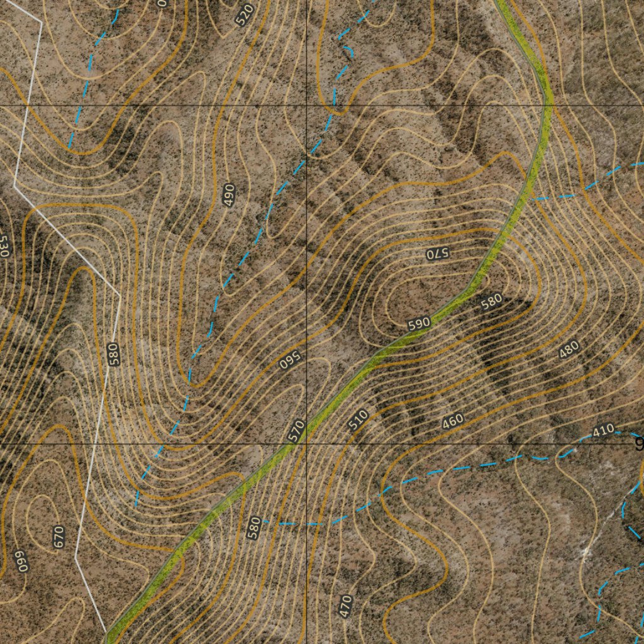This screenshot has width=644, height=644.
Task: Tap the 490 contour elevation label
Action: point(229,196)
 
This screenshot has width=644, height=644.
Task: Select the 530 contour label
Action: point(4,247)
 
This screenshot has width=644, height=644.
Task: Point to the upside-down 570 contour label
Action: point(436,253)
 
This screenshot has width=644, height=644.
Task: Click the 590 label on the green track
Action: point(419,324)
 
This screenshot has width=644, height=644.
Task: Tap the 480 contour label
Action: point(569,351)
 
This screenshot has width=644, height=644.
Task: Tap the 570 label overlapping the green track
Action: point(296,431)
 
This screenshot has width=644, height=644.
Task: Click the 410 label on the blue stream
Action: point(602,431)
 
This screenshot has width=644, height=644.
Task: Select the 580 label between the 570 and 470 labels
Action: point(253,528)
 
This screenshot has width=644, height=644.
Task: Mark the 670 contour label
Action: point(59,537)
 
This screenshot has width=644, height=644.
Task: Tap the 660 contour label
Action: point(21,562)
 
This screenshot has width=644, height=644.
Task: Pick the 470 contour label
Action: point(345,606)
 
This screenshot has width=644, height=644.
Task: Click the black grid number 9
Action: point(639,445)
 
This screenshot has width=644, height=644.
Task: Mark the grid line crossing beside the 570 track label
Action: point(306,444)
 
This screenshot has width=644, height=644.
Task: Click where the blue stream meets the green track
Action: point(533,197)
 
